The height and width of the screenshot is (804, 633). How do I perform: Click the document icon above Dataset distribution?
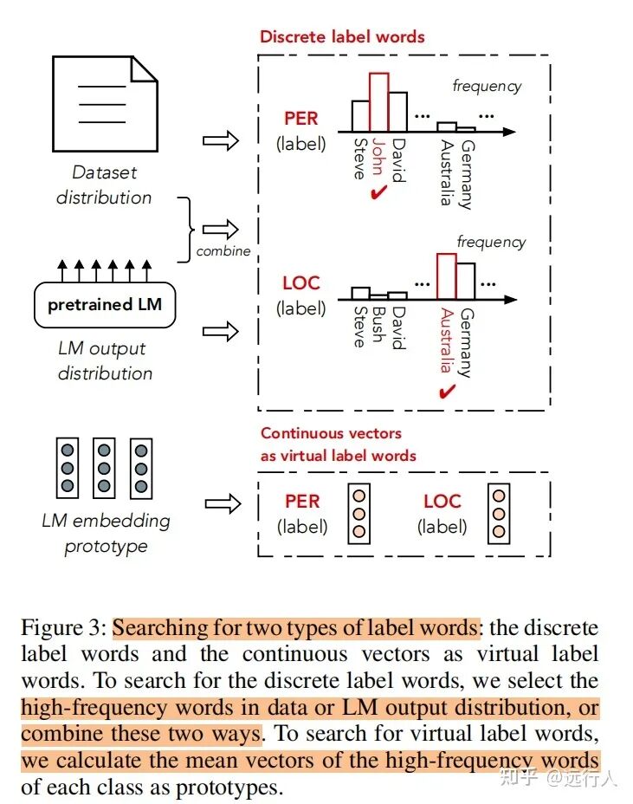point(105,105)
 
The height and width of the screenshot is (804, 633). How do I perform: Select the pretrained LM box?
point(105,305)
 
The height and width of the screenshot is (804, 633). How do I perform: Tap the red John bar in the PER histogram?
point(379,101)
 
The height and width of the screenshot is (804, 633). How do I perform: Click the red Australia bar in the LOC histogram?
point(447,276)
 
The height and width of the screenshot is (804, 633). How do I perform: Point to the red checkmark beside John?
point(377,193)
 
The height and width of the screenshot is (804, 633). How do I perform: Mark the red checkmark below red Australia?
point(447,392)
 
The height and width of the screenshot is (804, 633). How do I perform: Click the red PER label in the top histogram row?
point(301,118)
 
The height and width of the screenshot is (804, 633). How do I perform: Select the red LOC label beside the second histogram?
point(301,283)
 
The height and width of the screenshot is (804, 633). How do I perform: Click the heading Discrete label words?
point(343,36)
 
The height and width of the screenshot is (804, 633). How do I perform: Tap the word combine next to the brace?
point(223,251)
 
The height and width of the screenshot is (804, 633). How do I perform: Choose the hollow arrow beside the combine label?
point(220,230)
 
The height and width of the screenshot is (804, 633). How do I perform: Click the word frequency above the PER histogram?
point(488,86)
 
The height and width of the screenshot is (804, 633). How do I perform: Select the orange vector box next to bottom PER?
point(358,515)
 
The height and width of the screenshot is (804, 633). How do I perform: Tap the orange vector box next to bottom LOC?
point(498,515)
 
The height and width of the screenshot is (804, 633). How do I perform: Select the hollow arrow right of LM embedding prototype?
point(220,502)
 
